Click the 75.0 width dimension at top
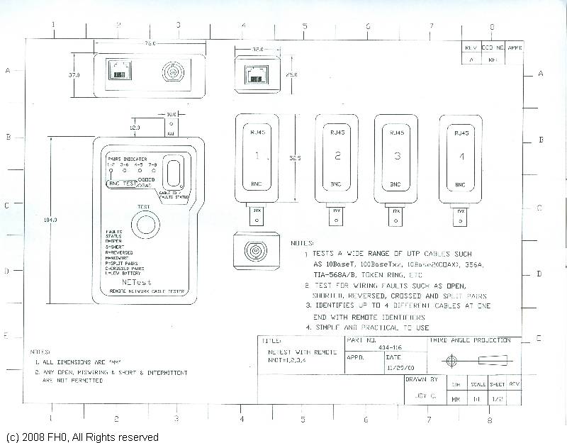coord(150,43)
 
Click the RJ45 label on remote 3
coord(398,133)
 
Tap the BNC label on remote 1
coord(257,184)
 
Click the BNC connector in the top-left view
coord(172,73)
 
